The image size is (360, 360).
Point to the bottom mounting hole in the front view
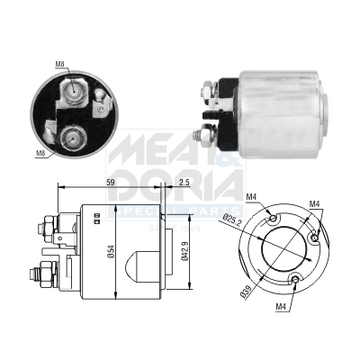[296, 279]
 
